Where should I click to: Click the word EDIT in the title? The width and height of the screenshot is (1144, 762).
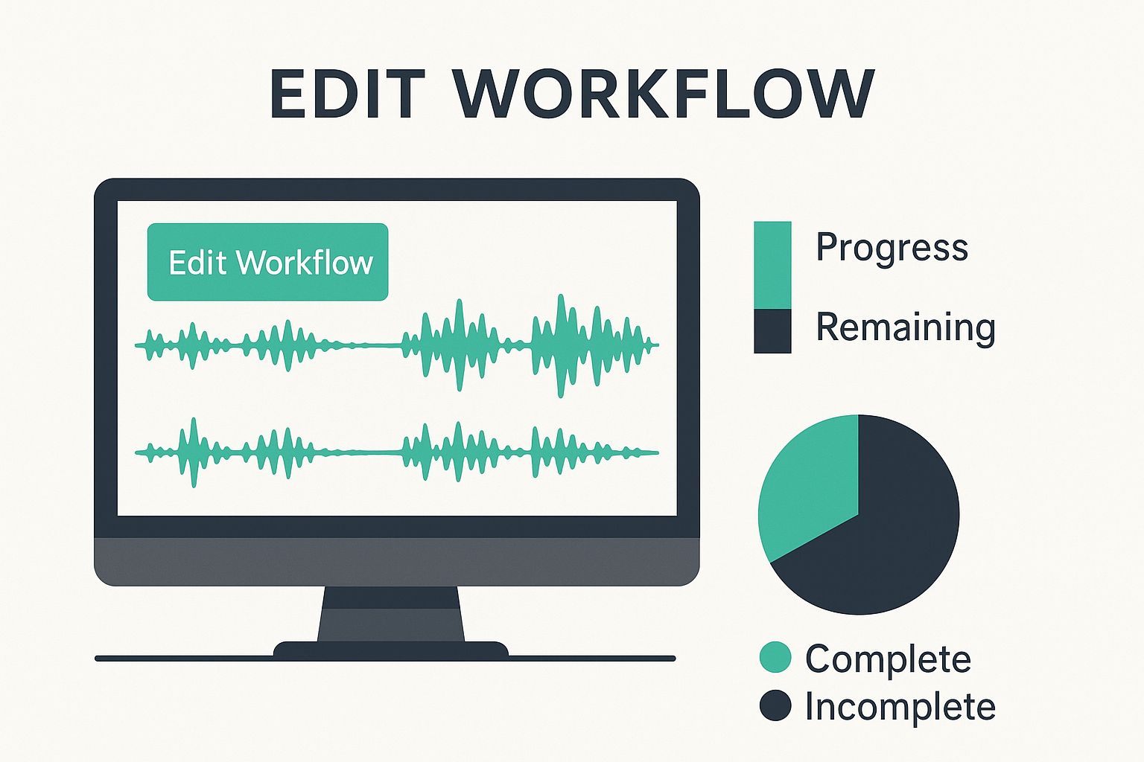coord(347,95)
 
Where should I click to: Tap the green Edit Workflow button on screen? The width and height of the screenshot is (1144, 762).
coord(267,262)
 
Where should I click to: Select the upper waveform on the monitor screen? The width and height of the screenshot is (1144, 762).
coord(397,345)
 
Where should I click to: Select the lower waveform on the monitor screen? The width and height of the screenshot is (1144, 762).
coord(397,452)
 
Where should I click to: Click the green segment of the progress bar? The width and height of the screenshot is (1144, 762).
coord(772,265)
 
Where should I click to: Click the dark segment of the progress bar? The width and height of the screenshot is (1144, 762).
coord(772,331)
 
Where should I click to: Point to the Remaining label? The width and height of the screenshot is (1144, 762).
coord(906,327)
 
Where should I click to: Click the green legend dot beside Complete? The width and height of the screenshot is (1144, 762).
coord(775,657)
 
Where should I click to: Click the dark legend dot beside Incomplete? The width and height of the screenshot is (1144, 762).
coord(775,705)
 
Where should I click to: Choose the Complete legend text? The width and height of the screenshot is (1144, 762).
coord(888,659)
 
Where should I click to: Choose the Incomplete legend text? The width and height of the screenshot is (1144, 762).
coord(900,707)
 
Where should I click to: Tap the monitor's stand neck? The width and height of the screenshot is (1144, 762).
coord(391,614)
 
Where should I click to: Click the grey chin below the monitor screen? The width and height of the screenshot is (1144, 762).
coord(397,561)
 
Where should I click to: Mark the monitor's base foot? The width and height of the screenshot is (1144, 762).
coord(391,649)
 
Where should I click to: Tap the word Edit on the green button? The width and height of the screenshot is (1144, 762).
coord(197,263)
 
